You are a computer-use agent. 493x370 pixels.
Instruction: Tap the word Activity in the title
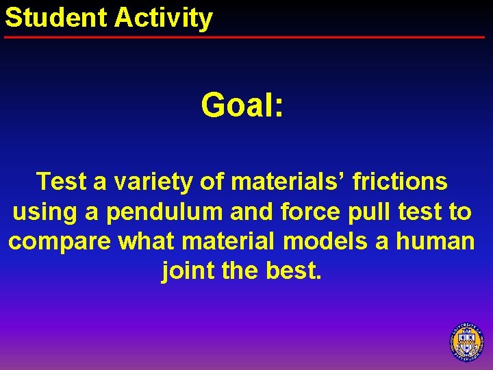click(164, 18)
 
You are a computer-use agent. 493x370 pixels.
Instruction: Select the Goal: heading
click(242, 106)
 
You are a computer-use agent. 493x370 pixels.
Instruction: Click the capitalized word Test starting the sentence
click(62, 182)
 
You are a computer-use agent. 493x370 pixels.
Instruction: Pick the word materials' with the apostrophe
click(290, 182)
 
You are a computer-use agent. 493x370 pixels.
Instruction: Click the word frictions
click(400, 182)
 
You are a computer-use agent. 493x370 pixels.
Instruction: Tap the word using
click(45, 212)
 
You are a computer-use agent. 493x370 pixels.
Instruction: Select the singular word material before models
click(229, 242)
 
